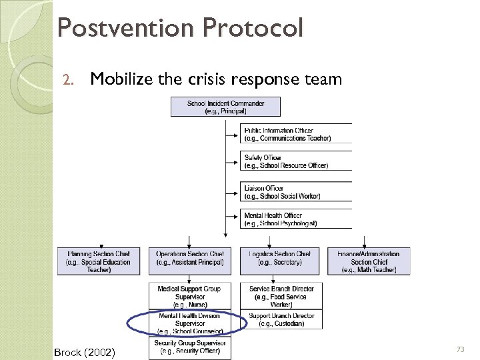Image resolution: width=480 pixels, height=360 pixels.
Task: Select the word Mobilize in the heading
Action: [122, 80]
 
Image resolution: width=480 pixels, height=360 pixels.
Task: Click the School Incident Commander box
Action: [225, 107]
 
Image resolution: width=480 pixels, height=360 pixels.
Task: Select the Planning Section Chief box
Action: [99, 261]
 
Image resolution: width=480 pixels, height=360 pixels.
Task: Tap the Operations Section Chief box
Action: [189, 261]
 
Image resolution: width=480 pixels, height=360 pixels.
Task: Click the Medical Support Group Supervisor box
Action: [189, 296]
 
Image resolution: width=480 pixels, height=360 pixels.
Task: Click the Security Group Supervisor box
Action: [189, 347]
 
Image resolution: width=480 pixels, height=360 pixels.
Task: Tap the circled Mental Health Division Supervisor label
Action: [189, 323]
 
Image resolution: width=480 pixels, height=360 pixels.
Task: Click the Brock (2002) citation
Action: [84, 351]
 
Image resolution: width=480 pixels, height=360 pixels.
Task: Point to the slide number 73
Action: [459, 349]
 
